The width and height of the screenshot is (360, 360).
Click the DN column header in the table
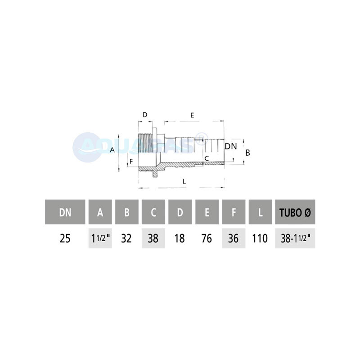click(65, 212)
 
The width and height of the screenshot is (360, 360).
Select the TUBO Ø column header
click(295, 212)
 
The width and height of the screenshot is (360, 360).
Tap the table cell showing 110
click(260, 238)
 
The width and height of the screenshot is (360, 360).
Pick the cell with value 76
click(207, 238)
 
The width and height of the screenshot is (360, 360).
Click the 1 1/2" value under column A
click(100, 238)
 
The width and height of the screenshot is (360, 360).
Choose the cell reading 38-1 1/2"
click(295, 238)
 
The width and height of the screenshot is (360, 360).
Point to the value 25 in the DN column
click(65, 238)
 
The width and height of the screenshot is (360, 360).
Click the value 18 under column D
click(180, 238)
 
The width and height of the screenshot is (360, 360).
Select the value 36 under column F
click(234, 238)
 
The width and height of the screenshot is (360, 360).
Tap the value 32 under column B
click(126, 238)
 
